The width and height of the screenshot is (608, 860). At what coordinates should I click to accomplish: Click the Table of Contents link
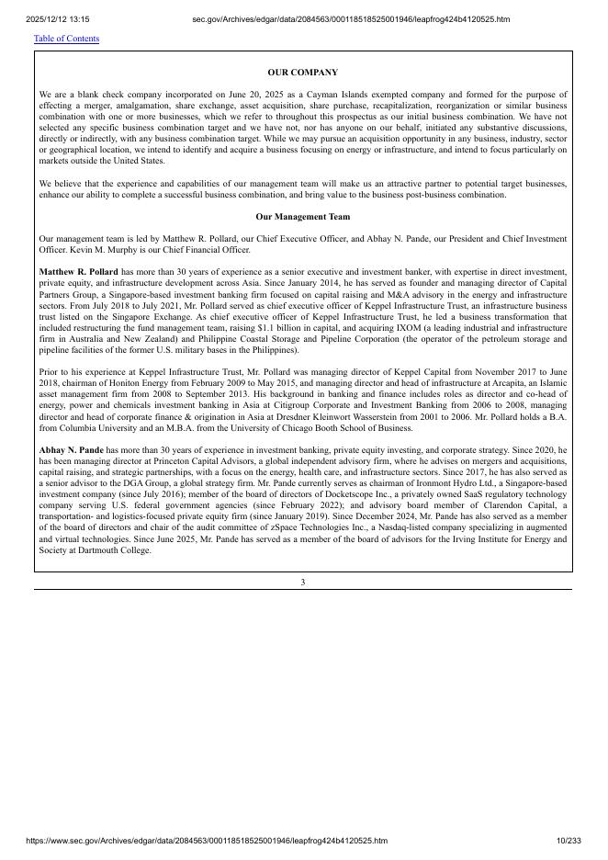[x=66, y=39]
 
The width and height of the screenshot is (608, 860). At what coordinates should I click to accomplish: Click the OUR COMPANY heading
[x=302, y=72]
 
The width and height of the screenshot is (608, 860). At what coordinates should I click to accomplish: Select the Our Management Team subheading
[x=302, y=217]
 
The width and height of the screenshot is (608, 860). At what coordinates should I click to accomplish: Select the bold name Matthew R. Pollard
[x=79, y=273]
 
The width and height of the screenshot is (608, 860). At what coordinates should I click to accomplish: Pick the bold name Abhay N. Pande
[x=72, y=450]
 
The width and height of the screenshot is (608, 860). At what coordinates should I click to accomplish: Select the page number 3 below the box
[x=302, y=582]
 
